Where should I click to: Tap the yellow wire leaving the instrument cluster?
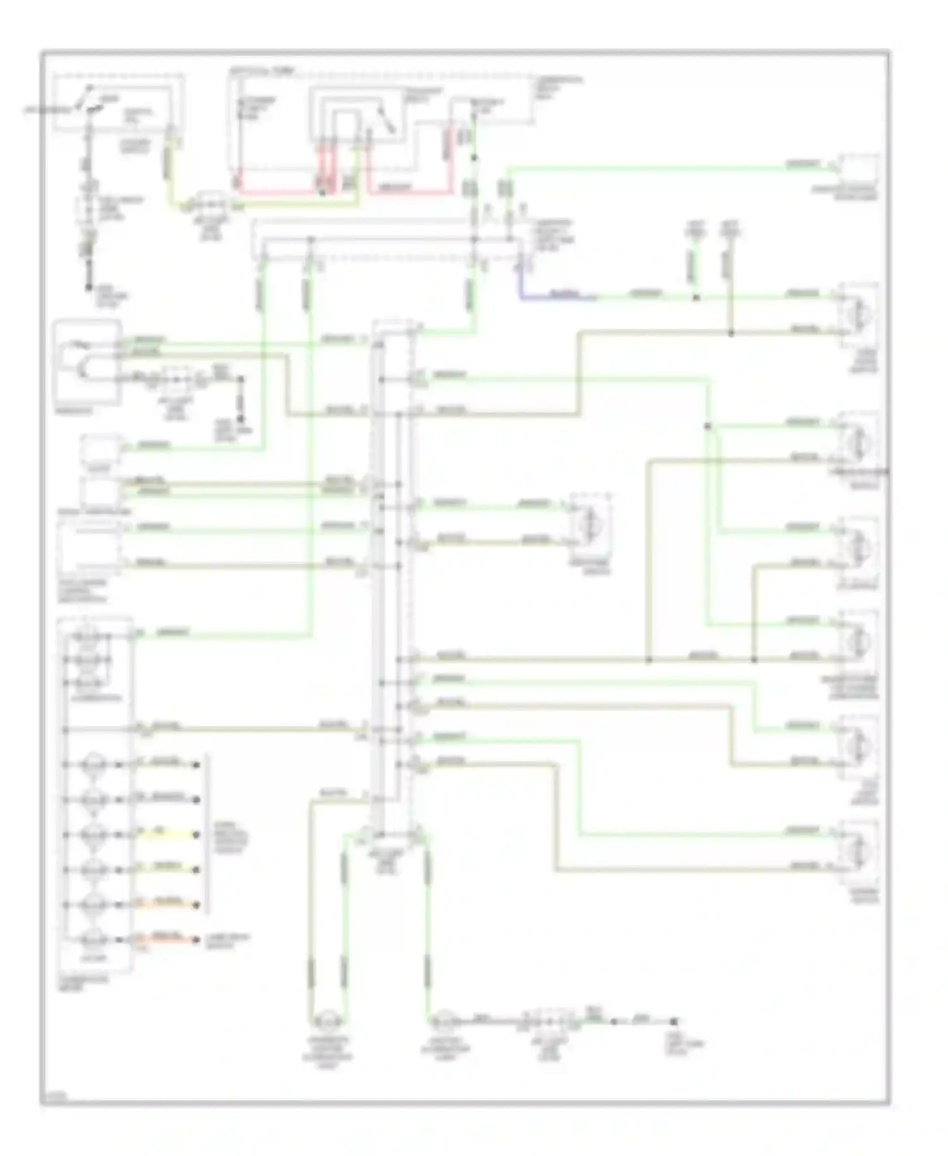pyautogui.click(x=164, y=835)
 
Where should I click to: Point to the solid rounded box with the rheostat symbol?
pyautogui.click(x=87, y=362)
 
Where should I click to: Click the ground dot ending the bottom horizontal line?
pyautogui.click(x=674, y=1021)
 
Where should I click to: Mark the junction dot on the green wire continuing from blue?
pyautogui.click(x=696, y=297)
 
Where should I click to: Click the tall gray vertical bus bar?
pyautogui.click(x=378, y=569)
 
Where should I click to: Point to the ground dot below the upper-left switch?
pyautogui.click(x=88, y=288)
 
